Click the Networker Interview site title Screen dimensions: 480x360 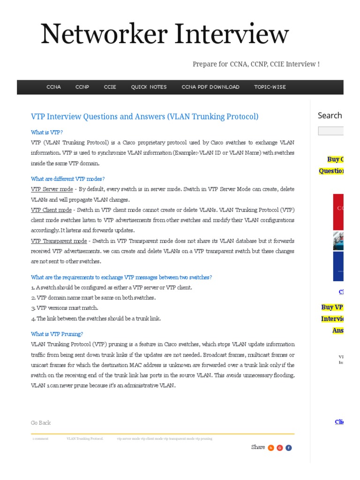pos(165,35)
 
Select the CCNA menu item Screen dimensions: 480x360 pos(53,87)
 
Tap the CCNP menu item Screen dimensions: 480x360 pos(82,87)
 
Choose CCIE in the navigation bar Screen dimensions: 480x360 pos(110,87)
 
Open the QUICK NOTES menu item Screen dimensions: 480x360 pos(149,87)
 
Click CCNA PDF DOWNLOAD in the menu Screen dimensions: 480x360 pos(210,87)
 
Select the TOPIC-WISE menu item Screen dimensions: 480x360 pos(270,87)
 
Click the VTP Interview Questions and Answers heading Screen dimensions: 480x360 pos(144,116)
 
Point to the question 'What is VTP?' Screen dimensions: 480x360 pos(47,132)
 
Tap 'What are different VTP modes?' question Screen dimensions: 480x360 pos(68,179)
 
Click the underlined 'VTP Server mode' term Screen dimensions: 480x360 pos(52,189)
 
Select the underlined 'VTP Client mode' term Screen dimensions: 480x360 pos(51,210)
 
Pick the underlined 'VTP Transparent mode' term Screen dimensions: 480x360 pos(59,241)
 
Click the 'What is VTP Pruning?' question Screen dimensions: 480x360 pos(57,334)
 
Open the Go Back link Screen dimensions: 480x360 pos(41,423)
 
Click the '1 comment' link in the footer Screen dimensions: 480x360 pos(40,439)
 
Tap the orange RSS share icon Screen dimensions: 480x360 pos(271,448)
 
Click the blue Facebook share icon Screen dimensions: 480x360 pos(289,448)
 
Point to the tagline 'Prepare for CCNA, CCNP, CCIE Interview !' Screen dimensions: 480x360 pos(256,64)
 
